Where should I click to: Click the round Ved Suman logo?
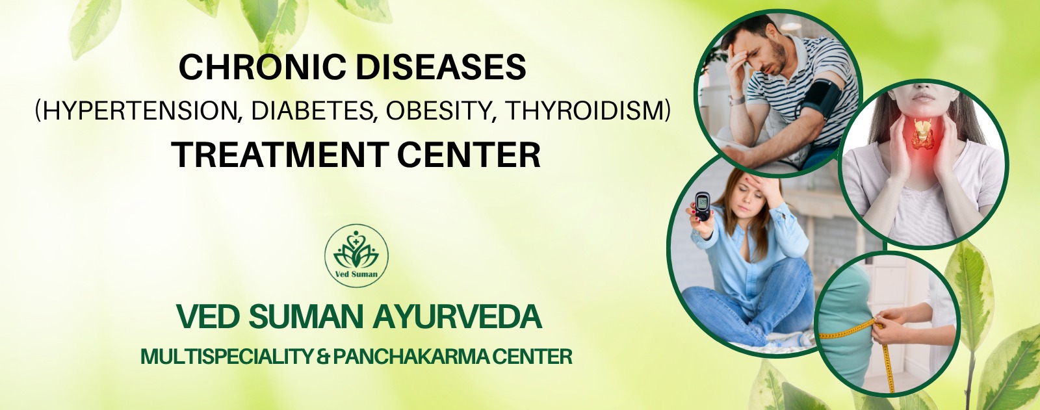click(x=357, y=255)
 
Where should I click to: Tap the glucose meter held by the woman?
click(x=703, y=206)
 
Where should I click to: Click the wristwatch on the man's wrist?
click(x=736, y=100)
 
